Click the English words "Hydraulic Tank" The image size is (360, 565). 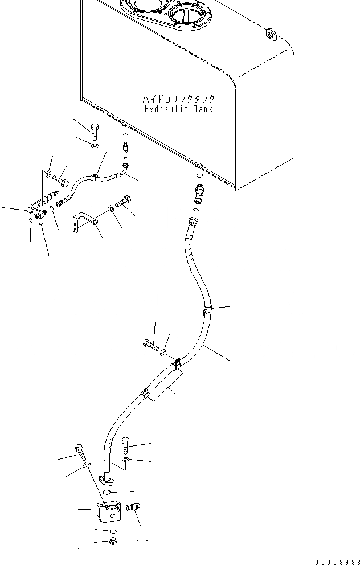click(178, 108)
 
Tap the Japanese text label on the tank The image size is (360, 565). click(179, 99)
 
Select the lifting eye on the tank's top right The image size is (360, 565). click(269, 35)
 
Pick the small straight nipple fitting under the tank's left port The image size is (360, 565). click(126, 148)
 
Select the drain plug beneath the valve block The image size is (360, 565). click(112, 541)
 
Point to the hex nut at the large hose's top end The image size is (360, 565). click(194, 220)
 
